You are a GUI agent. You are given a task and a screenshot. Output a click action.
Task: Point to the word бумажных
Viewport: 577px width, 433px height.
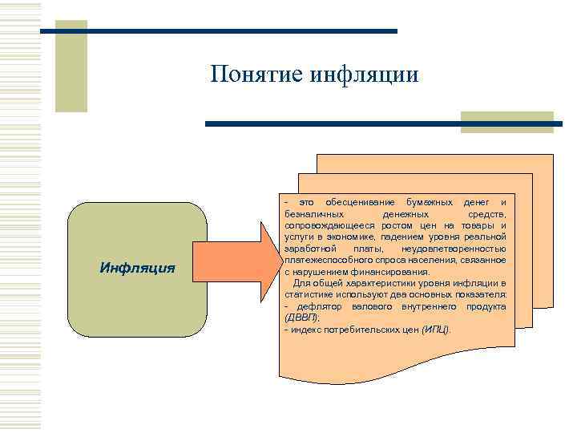pyautogui.click(x=430, y=199)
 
